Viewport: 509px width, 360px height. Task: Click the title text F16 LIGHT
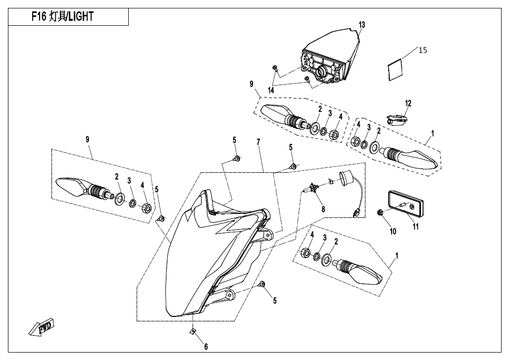62,17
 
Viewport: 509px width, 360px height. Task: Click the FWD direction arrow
42,328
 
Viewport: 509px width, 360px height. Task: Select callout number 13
362,25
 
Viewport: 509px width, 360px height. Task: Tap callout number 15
422,50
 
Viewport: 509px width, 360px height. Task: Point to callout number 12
408,103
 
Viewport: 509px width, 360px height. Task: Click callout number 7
258,143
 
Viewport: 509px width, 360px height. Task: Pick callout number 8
323,209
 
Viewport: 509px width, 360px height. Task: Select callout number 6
206,347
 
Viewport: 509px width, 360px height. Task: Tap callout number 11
416,227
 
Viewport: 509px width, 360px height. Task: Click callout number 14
271,90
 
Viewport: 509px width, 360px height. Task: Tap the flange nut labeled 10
380,213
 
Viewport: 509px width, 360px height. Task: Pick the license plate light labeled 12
397,119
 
